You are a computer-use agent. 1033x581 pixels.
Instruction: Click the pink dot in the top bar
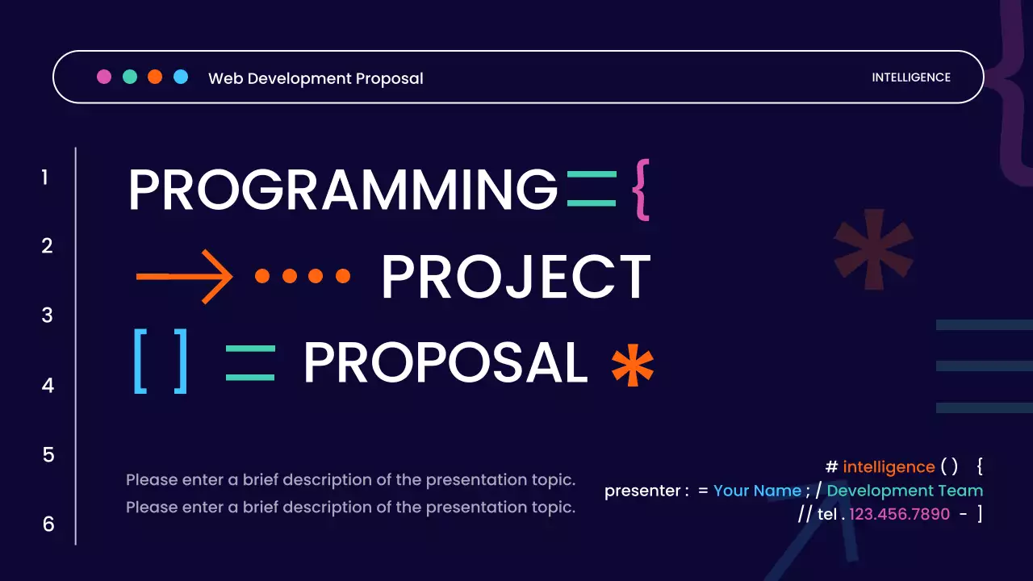104,77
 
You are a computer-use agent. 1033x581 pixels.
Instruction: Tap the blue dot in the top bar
181,77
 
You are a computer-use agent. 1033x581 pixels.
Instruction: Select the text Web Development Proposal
316,78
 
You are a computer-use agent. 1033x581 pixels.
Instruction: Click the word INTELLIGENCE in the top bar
911,77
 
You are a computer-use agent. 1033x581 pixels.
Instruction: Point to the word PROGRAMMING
343,190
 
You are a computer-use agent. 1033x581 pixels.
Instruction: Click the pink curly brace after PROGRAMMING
640,190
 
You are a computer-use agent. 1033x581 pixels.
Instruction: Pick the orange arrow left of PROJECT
184,276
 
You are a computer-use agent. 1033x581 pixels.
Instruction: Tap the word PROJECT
516,277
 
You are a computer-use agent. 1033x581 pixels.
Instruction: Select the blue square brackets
161,362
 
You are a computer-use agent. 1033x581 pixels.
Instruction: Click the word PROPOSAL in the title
445,363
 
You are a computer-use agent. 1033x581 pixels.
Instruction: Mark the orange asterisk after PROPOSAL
632,366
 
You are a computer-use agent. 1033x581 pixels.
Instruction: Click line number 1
45,178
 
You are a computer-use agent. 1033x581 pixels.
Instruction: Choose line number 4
48,386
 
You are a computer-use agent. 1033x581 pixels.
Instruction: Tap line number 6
48,525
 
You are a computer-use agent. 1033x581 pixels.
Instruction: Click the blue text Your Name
757,491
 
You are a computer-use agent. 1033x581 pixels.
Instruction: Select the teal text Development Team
905,491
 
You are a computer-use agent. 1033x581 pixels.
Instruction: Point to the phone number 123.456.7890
899,514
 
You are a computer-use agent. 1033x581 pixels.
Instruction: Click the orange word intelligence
889,466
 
